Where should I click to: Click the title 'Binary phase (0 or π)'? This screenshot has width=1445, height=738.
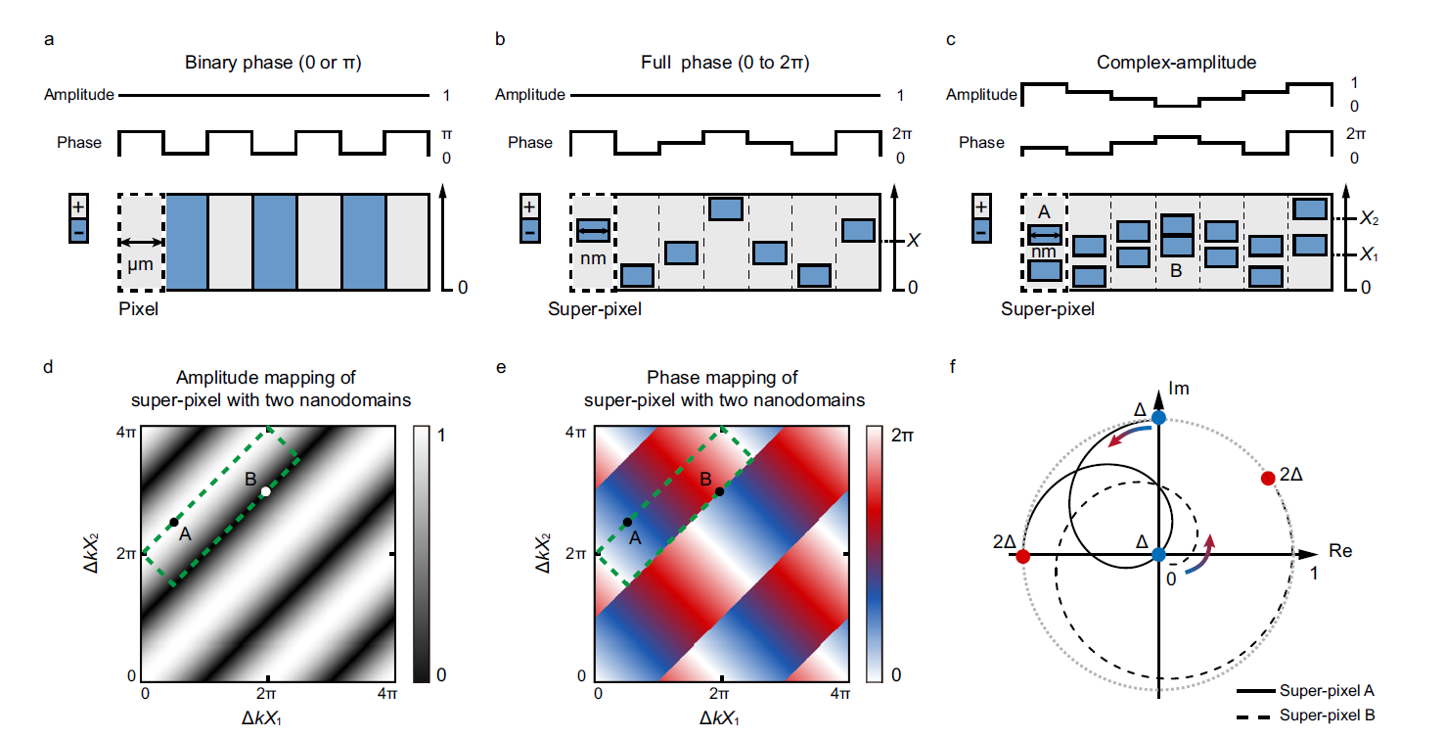(272, 63)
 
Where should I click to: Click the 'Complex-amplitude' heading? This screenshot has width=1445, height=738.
(1176, 63)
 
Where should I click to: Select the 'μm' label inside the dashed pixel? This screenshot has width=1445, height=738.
(141, 264)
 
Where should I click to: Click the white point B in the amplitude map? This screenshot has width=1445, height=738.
(265, 491)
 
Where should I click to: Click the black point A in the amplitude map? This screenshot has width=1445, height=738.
(174, 522)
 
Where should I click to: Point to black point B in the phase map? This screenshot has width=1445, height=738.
(719, 491)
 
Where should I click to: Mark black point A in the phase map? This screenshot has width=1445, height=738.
(627, 522)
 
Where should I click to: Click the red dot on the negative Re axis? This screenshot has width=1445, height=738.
(1023, 557)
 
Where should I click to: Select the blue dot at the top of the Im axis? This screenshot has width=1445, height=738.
(1158, 418)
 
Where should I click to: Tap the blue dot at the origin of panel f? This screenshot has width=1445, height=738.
(1158, 555)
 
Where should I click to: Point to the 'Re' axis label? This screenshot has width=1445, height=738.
(1339, 551)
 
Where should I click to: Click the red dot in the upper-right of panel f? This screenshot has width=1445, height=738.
(1268, 478)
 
